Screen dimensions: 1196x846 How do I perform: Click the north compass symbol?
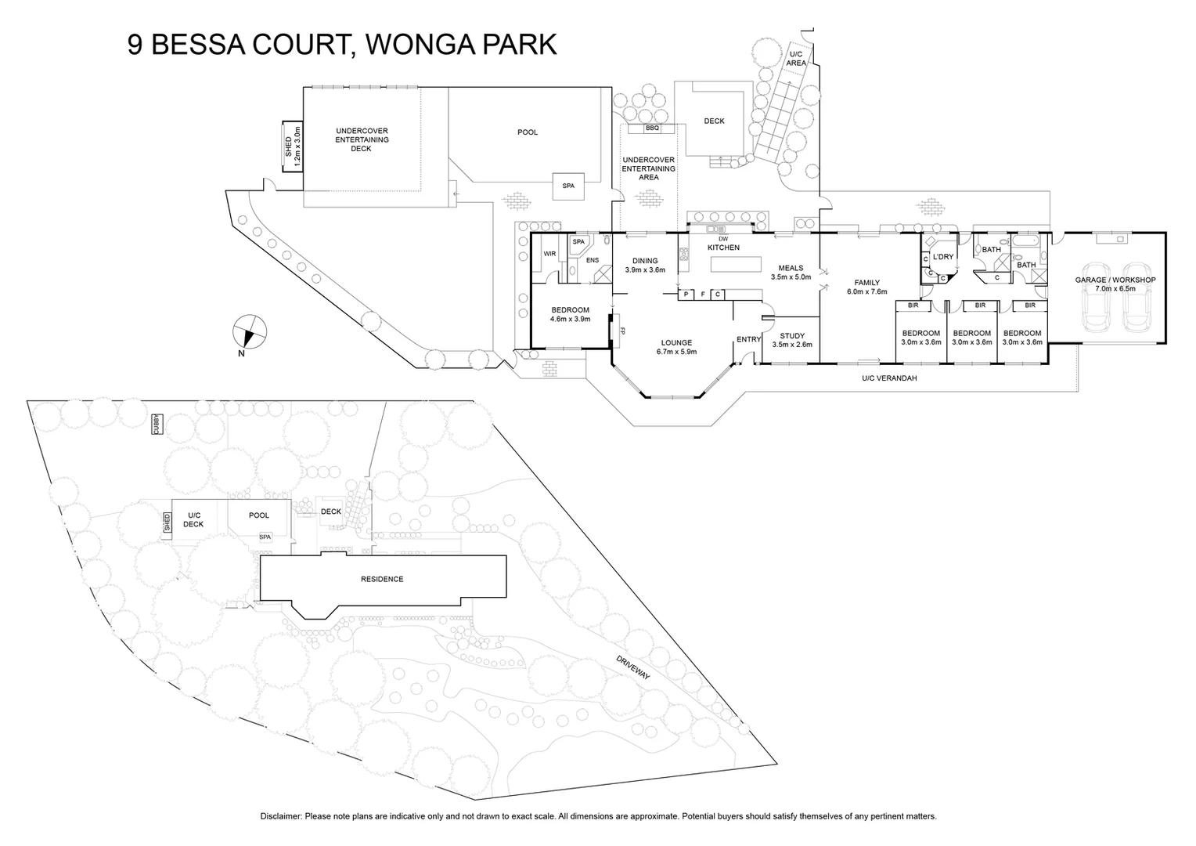(250, 331)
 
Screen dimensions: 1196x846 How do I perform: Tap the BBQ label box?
(652, 128)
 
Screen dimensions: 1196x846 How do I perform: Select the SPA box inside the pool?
(568, 186)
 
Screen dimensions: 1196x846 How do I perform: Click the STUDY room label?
(792, 336)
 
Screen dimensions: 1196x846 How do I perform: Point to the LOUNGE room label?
(676, 342)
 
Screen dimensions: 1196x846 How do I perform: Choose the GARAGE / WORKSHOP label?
(1115, 280)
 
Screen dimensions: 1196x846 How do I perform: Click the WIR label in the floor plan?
(549, 254)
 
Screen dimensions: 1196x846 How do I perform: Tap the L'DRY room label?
(943, 257)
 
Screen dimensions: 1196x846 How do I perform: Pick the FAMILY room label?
(866, 283)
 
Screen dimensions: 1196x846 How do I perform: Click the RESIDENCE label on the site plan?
(382, 580)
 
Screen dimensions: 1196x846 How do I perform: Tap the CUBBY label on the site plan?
(157, 424)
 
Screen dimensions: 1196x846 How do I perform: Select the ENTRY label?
(748, 339)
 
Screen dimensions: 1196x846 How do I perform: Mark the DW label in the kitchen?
(722, 239)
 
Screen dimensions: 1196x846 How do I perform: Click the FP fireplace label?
(623, 331)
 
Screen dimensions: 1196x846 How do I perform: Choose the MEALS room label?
(791, 268)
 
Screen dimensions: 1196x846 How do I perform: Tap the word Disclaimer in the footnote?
(280, 816)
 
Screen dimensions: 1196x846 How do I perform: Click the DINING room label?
(645, 261)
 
